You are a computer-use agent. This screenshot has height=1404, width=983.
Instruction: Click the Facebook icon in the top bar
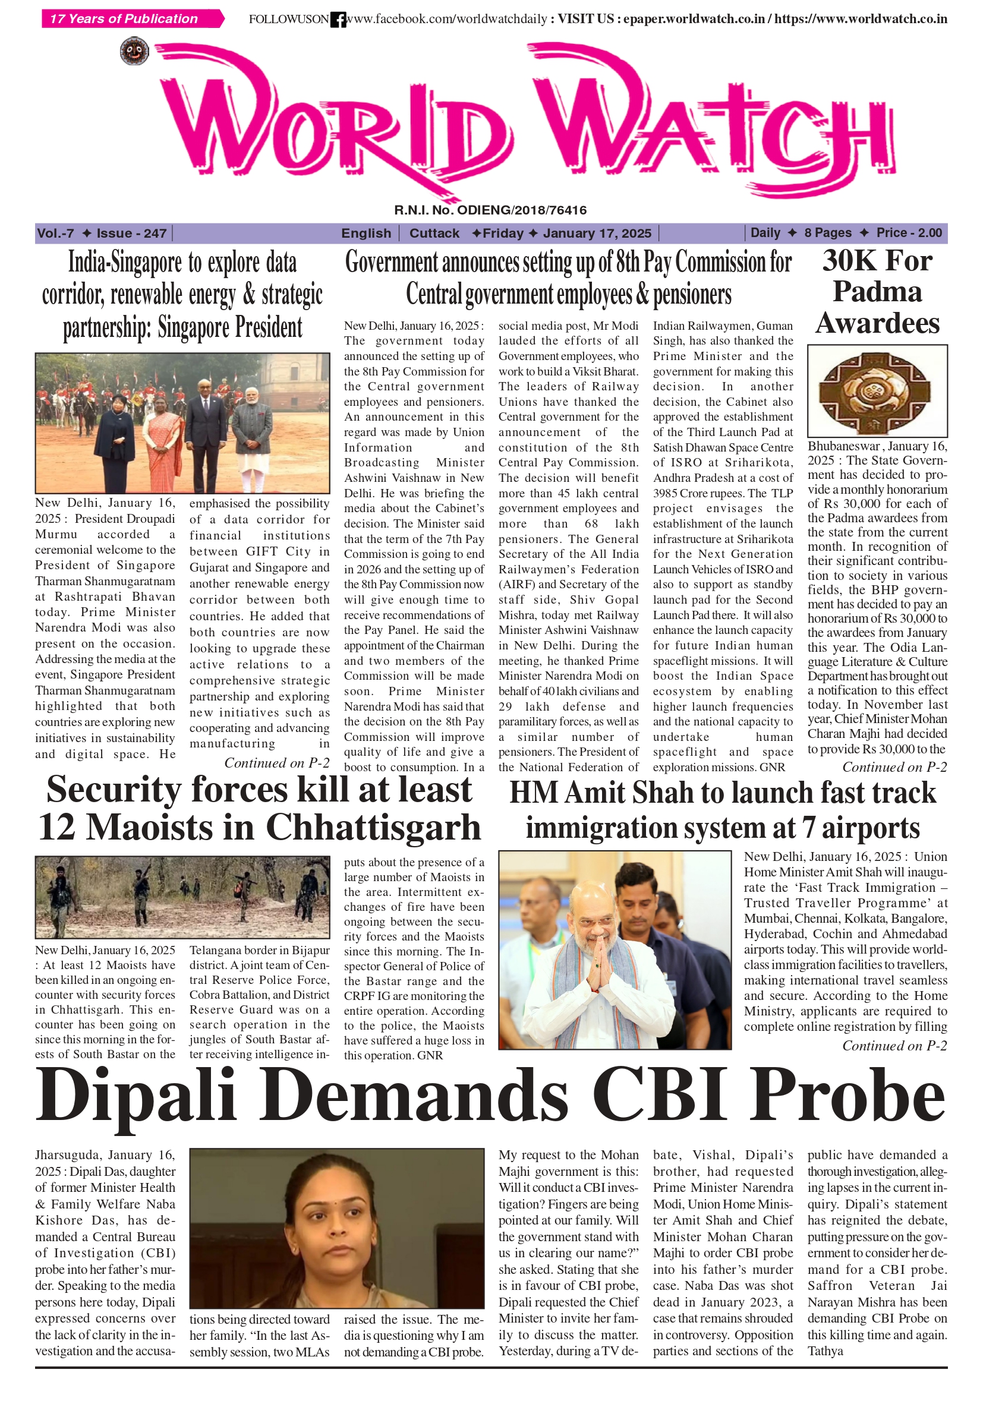(x=338, y=20)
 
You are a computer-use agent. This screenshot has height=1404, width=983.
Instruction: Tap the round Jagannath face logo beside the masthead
(x=134, y=51)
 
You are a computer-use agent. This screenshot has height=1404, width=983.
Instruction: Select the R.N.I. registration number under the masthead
(x=490, y=210)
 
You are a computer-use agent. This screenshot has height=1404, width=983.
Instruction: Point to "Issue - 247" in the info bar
(x=131, y=233)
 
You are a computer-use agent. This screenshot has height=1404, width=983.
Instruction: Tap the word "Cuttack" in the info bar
(x=434, y=233)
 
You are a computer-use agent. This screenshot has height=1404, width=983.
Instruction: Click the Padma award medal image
(x=877, y=392)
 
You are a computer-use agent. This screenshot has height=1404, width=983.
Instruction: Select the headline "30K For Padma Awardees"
(x=877, y=292)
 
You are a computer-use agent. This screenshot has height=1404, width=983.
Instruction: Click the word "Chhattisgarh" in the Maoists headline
(x=373, y=827)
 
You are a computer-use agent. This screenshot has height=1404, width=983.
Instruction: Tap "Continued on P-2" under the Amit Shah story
(x=894, y=1046)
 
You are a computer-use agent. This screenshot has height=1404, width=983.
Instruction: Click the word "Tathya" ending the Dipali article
(x=824, y=1351)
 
